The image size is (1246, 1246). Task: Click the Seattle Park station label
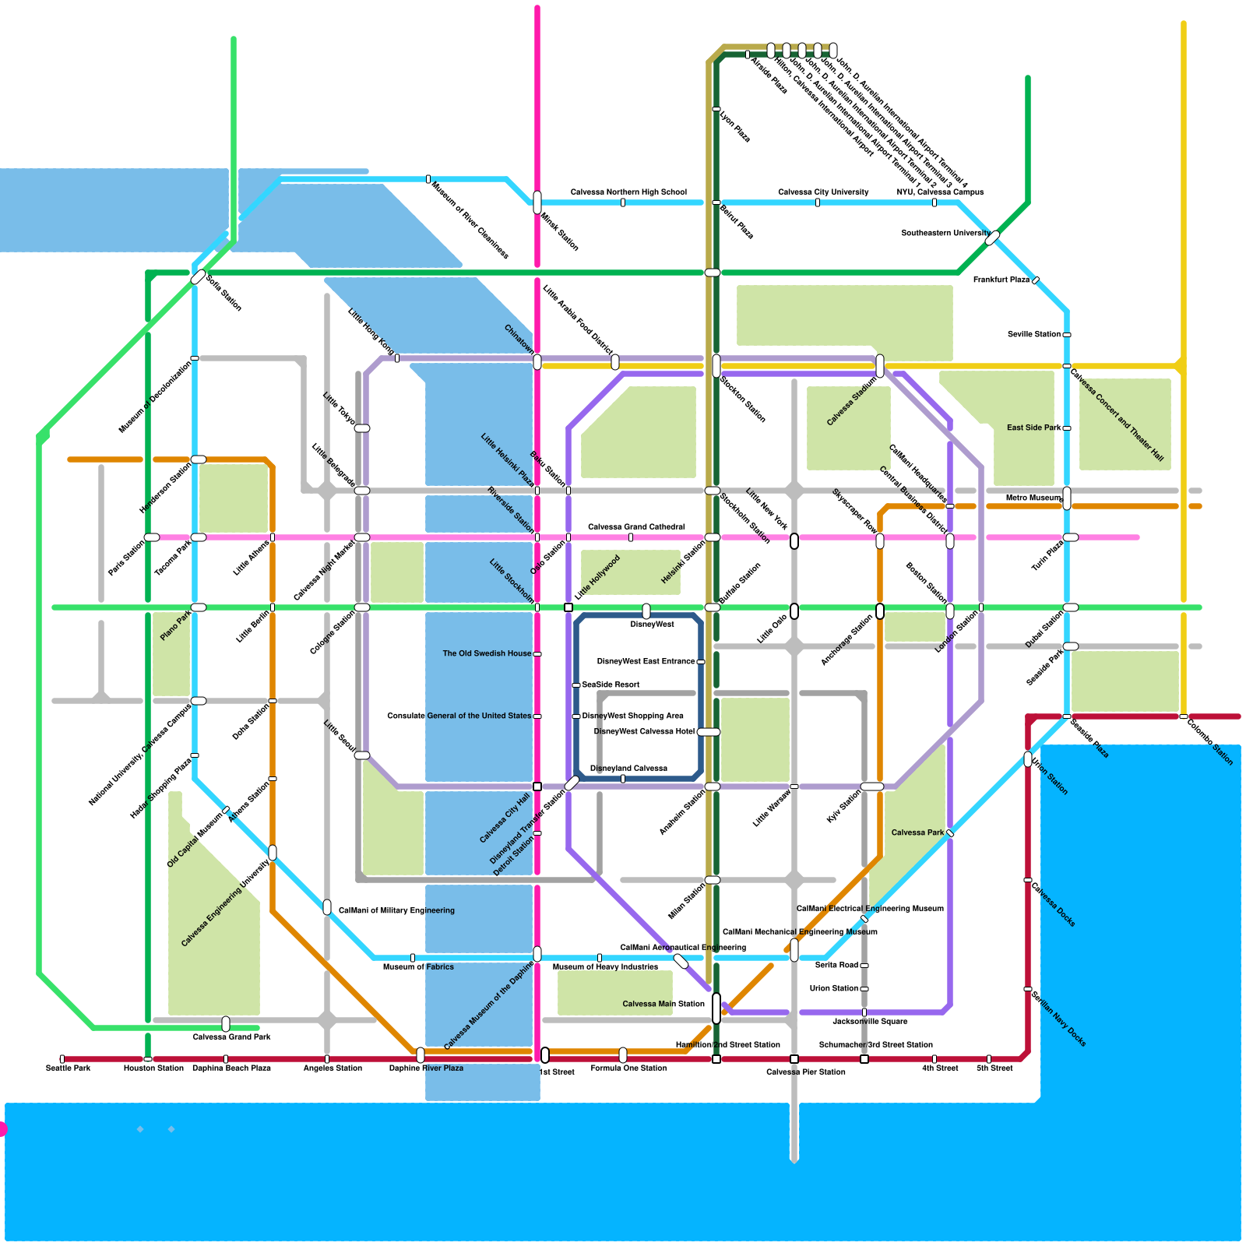point(69,1068)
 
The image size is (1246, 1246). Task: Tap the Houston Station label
point(153,1068)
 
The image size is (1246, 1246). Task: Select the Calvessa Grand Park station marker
point(226,1024)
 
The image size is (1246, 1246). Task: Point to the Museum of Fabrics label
point(418,966)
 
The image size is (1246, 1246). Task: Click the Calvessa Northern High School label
point(628,192)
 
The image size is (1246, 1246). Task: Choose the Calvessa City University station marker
point(818,202)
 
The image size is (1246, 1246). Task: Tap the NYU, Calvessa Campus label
point(940,192)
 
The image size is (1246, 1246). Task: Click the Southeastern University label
point(945,233)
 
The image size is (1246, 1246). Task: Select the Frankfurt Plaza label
point(1001,280)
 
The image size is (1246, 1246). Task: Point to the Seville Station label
point(1034,334)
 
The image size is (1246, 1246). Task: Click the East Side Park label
point(1034,428)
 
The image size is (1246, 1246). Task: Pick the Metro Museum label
point(1033,498)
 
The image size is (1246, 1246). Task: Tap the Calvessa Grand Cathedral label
point(636,526)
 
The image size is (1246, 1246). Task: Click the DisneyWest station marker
point(646,611)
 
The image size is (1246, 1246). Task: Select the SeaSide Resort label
point(611,685)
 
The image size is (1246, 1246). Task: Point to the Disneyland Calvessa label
point(628,768)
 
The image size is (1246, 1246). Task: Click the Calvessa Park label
point(917,832)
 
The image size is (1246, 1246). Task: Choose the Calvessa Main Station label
point(663,1004)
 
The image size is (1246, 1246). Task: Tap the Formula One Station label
point(628,1068)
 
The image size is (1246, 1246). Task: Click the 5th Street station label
point(994,1068)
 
